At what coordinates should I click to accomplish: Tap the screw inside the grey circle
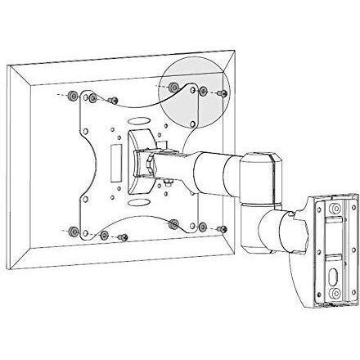coord(223,94)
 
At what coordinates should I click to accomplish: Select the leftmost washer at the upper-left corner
coord(74,97)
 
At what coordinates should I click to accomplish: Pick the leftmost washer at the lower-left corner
coord(74,232)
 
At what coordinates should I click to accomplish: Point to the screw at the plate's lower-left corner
coord(123,237)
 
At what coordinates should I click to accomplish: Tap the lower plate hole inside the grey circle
coord(191,123)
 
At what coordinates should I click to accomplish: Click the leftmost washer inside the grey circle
coord(175,88)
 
